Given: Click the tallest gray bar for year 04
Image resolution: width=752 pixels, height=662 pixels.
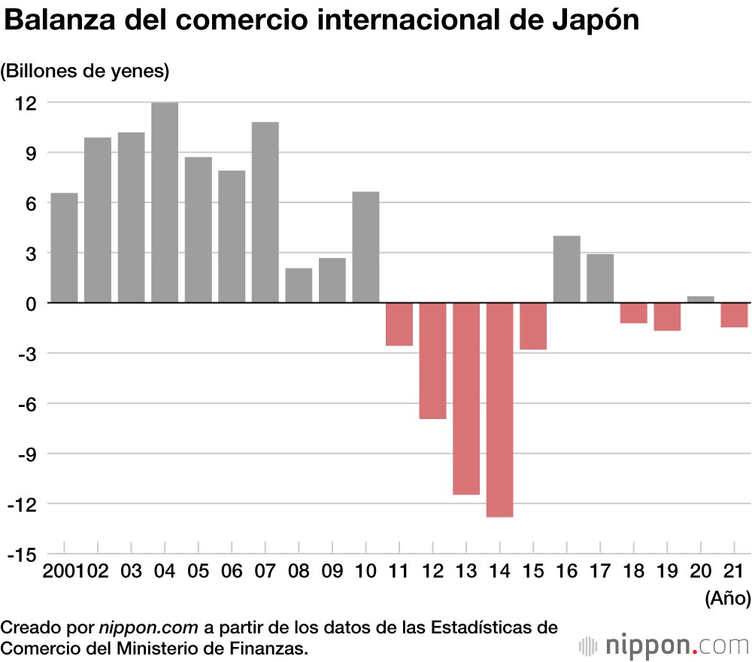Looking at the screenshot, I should click(x=165, y=202).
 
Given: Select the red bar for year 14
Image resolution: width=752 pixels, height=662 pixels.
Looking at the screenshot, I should click(x=500, y=409).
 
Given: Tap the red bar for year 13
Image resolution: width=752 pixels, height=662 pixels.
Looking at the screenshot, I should click(x=466, y=398).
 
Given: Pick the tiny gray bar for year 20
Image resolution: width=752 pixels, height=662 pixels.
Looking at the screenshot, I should click(x=701, y=299).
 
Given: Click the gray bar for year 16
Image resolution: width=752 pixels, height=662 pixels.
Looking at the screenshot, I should click(x=567, y=269).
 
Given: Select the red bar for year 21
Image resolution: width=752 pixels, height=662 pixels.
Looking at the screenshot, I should click(x=734, y=314).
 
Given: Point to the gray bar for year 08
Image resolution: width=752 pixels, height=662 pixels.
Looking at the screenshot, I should click(x=299, y=285).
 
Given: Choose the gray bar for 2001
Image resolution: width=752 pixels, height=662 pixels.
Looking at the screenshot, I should click(x=64, y=247).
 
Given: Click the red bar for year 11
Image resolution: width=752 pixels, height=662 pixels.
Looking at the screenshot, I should click(x=399, y=323).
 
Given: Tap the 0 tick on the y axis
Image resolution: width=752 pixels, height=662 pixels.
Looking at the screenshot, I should click(x=32, y=303).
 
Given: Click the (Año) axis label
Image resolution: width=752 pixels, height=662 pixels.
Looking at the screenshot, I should click(x=728, y=599).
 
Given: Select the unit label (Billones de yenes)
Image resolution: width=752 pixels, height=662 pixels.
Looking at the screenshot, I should click(x=86, y=71).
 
